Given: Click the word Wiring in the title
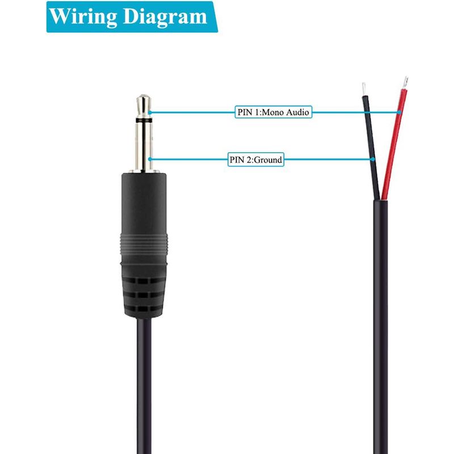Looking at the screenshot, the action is (x=83, y=16).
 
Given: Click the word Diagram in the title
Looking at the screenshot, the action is (x=165, y=17).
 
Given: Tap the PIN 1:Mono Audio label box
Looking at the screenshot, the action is (x=274, y=112).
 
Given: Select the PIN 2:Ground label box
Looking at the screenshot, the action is (x=256, y=159).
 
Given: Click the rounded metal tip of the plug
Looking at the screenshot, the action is (x=144, y=106).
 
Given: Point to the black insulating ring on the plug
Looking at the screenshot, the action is (x=144, y=120).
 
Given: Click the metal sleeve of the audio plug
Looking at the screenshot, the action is (x=144, y=146).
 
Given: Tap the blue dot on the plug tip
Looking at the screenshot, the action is (x=150, y=112).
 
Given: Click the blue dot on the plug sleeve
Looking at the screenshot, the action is (x=150, y=159).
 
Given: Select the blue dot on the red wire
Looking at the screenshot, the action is (x=400, y=112).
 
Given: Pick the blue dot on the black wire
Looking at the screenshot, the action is (x=373, y=159).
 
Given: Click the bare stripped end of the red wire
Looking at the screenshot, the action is (x=405, y=83).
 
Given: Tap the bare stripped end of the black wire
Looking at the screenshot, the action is (x=364, y=89).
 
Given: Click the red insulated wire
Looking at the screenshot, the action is (x=394, y=144).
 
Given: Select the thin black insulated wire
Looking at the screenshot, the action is (x=371, y=147).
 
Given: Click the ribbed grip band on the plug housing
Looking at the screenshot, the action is (x=144, y=245).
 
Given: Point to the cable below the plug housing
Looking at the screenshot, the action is (x=144, y=386).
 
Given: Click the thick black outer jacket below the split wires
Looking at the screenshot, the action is (x=380, y=327).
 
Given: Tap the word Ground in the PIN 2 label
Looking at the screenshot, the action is (x=268, y=160).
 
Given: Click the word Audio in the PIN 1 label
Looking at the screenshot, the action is (x=297, y=112).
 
